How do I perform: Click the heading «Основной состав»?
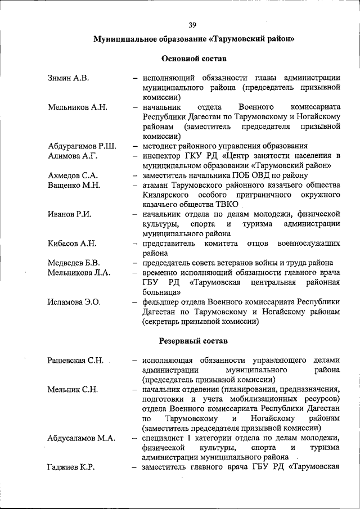(x=194, y=58)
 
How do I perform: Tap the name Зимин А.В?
(x=68, y=78)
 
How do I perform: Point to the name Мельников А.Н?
(x=78, y=107)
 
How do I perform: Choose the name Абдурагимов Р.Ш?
(x=82, y=146)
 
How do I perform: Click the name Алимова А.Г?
(x=73, y=156)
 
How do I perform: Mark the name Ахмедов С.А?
(x=73, y=175)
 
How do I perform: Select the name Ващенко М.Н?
(x=74, y=185)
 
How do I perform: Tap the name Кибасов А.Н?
(x=72, y=244)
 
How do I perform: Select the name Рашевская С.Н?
(x=76, y=361)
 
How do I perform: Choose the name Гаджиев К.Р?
(x=71, y=468)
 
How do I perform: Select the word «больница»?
(x=161, y=292)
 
